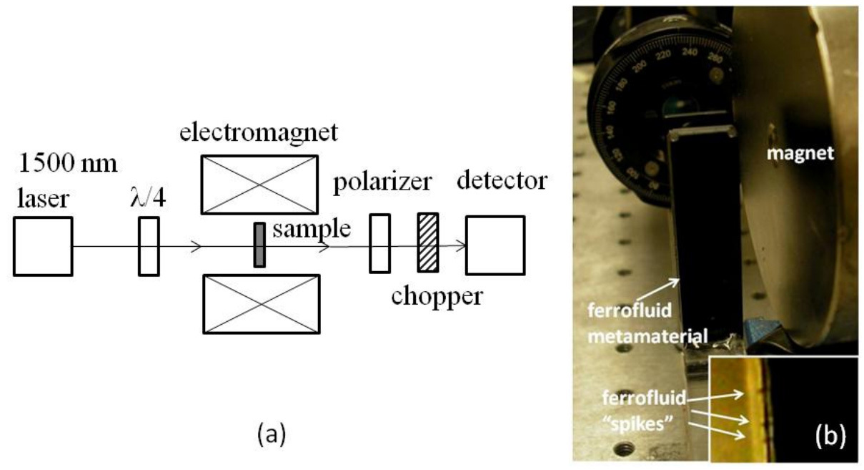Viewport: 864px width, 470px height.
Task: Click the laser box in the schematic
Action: pos(43,246)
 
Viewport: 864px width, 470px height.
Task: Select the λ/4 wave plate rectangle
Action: pos(149,246)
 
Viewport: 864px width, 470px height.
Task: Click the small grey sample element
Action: pos(259,245)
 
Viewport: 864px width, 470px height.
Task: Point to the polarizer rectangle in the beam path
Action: pos(379,245)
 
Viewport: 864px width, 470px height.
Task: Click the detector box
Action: pos(495,245)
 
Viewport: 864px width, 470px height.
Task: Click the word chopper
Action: pos(437,294)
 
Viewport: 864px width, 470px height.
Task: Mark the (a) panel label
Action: pos(270,434)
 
